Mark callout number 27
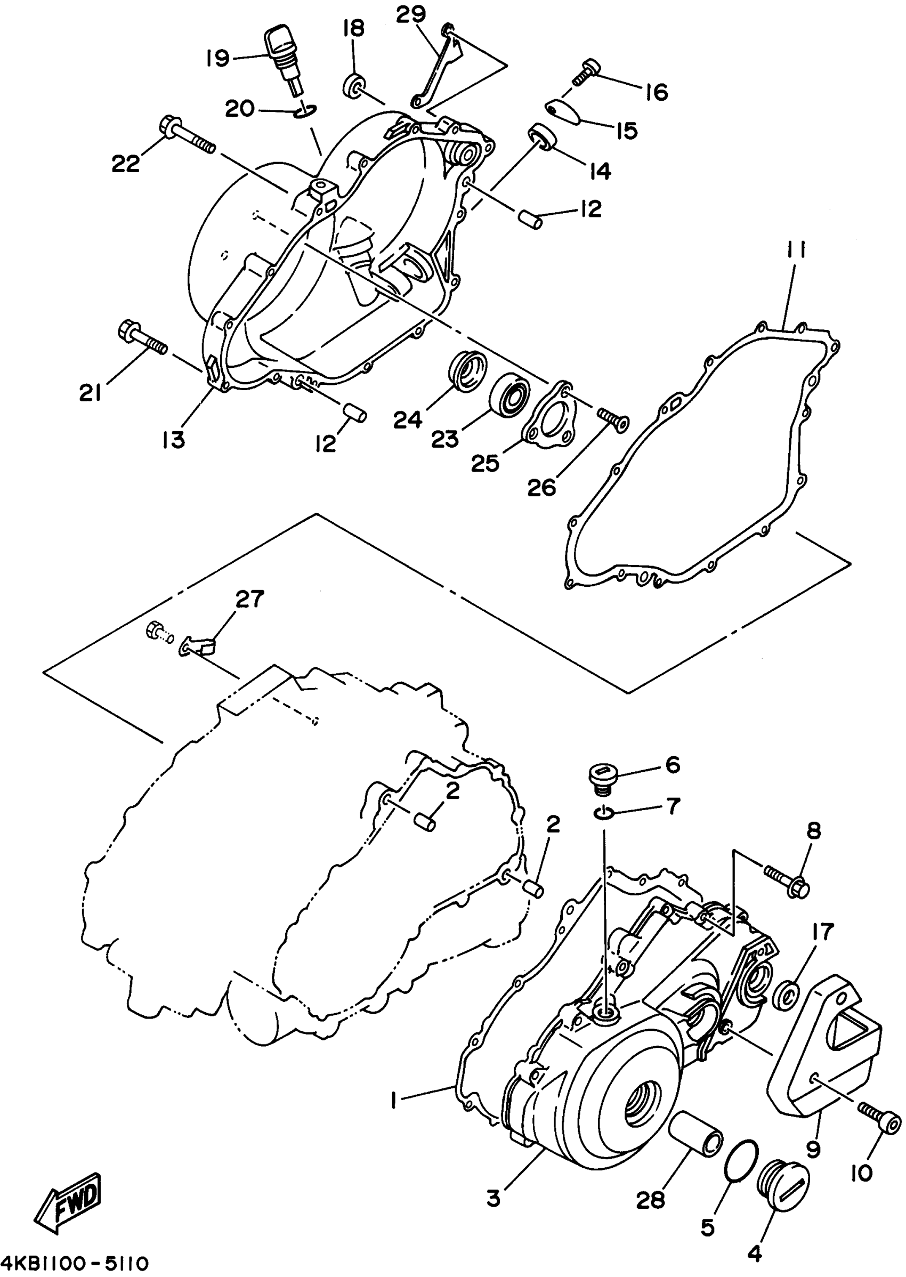[249, 599]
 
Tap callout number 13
[174, 440]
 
